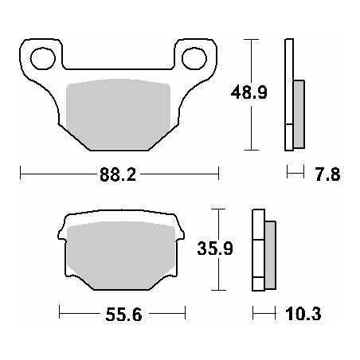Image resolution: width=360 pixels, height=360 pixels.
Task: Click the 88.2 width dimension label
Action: [117, 174]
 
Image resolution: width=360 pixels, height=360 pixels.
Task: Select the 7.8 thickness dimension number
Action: [327, 174]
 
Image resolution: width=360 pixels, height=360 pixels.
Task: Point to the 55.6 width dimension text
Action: [123, 315]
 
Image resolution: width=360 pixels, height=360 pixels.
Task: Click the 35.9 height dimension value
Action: [215, 249]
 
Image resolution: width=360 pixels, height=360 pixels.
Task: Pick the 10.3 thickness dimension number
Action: [305, 315]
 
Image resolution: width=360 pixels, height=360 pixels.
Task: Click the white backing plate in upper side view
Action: [288, 95]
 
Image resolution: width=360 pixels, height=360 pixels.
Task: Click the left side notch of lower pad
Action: [61, 235]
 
